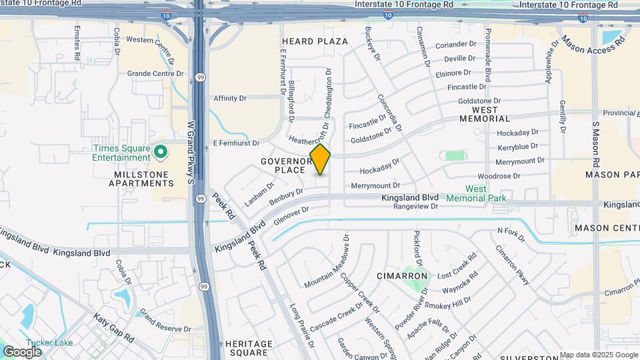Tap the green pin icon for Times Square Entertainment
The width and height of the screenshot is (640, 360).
pos(160,152)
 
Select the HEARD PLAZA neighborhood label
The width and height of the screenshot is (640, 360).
pos(315,41)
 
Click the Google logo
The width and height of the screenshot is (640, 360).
pos(22,351)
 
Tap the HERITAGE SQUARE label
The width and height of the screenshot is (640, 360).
pos(249,348)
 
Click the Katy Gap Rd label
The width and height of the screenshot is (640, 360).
pos(113,327)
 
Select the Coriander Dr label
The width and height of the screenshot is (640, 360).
pos(458,45)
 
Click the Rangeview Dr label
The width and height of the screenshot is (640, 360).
pos(415,207)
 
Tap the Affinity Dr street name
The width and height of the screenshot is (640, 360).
pos(230,98)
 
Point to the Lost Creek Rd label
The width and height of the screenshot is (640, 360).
pos(457,267)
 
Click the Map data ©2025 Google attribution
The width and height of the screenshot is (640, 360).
pos(599,355)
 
